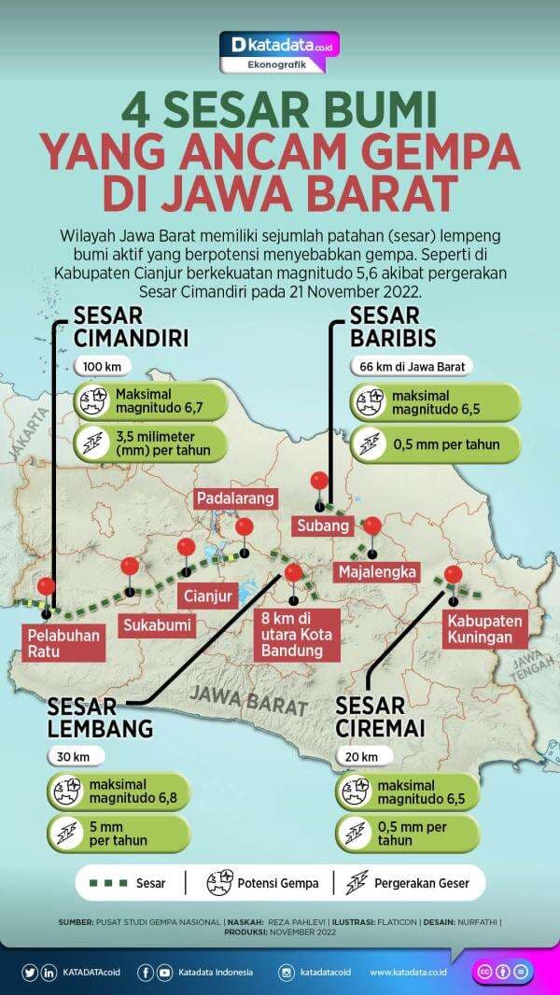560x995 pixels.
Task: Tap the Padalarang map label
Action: pos(235,498)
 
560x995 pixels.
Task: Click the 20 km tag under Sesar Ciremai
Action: pos(364,755)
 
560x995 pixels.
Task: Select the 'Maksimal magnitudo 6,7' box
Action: pos(152,400)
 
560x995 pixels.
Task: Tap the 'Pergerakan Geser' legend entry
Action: pos(412,882)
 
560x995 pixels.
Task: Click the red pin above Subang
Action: pos(319,482)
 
